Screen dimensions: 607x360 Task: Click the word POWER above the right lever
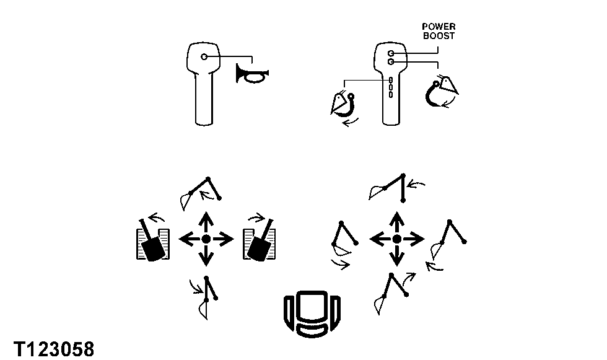pos(439,27)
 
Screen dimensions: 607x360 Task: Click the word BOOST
pos(439,36)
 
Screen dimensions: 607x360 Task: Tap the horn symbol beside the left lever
pos(251,74)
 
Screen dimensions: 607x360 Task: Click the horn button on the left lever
pos(204,57)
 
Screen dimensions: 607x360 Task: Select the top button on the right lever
pos(391,53)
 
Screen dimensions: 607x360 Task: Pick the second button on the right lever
pos(391,62)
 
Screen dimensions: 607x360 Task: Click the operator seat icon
pos(312,314)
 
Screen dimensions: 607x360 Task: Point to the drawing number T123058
pos(54,349)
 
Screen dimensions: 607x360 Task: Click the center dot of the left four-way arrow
pos(206,239)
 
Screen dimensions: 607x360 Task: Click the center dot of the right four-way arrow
pos(397,239)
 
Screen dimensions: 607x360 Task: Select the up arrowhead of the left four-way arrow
pos(206,218)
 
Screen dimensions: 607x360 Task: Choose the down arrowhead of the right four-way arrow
pos(397,260)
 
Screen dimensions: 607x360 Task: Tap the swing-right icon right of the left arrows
pos(260,240)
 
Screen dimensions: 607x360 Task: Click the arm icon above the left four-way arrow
pos(201,193)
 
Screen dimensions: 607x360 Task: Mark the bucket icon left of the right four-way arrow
pos(344,244)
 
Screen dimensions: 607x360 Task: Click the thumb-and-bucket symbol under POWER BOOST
pos(441,92)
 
